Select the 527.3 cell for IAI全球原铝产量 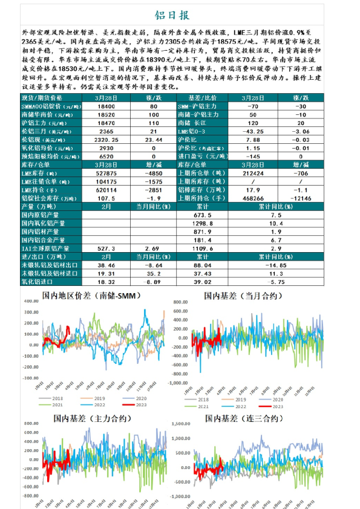pyautogui.click(x=106, y=248)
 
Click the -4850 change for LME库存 pyautogui.click(x=153, y=172)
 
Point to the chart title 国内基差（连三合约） pyautogui.click(x=243, y=418)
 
